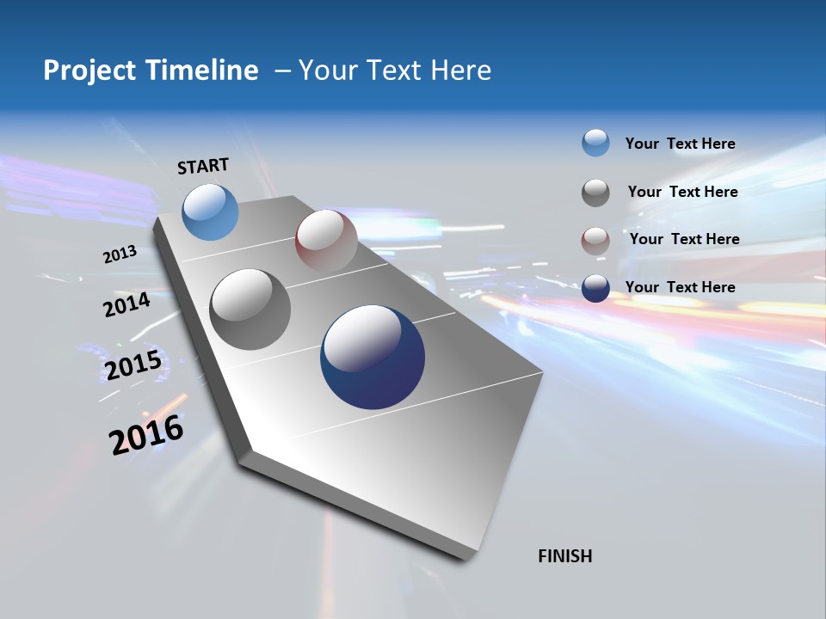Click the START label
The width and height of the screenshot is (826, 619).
point(203,166)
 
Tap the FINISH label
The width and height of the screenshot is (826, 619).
point(565,556)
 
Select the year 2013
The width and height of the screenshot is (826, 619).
point(120,254)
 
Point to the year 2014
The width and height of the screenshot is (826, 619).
point(126,304)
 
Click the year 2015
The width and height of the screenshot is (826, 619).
point(133,365)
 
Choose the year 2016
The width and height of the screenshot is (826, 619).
point(146,434)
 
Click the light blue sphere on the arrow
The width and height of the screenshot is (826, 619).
point(210,211)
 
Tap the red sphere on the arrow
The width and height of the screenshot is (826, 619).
point(326,241)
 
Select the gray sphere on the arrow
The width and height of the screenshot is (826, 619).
point(250,309)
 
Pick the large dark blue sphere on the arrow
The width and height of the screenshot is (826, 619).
point(373,357)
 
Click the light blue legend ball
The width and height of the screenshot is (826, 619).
point(595,143)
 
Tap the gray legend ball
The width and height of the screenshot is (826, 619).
point(595,193)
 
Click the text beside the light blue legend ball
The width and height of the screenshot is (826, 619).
point(681,144)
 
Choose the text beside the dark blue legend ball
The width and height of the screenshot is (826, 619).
point(681,287)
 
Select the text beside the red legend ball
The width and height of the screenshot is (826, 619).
point(684,239)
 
